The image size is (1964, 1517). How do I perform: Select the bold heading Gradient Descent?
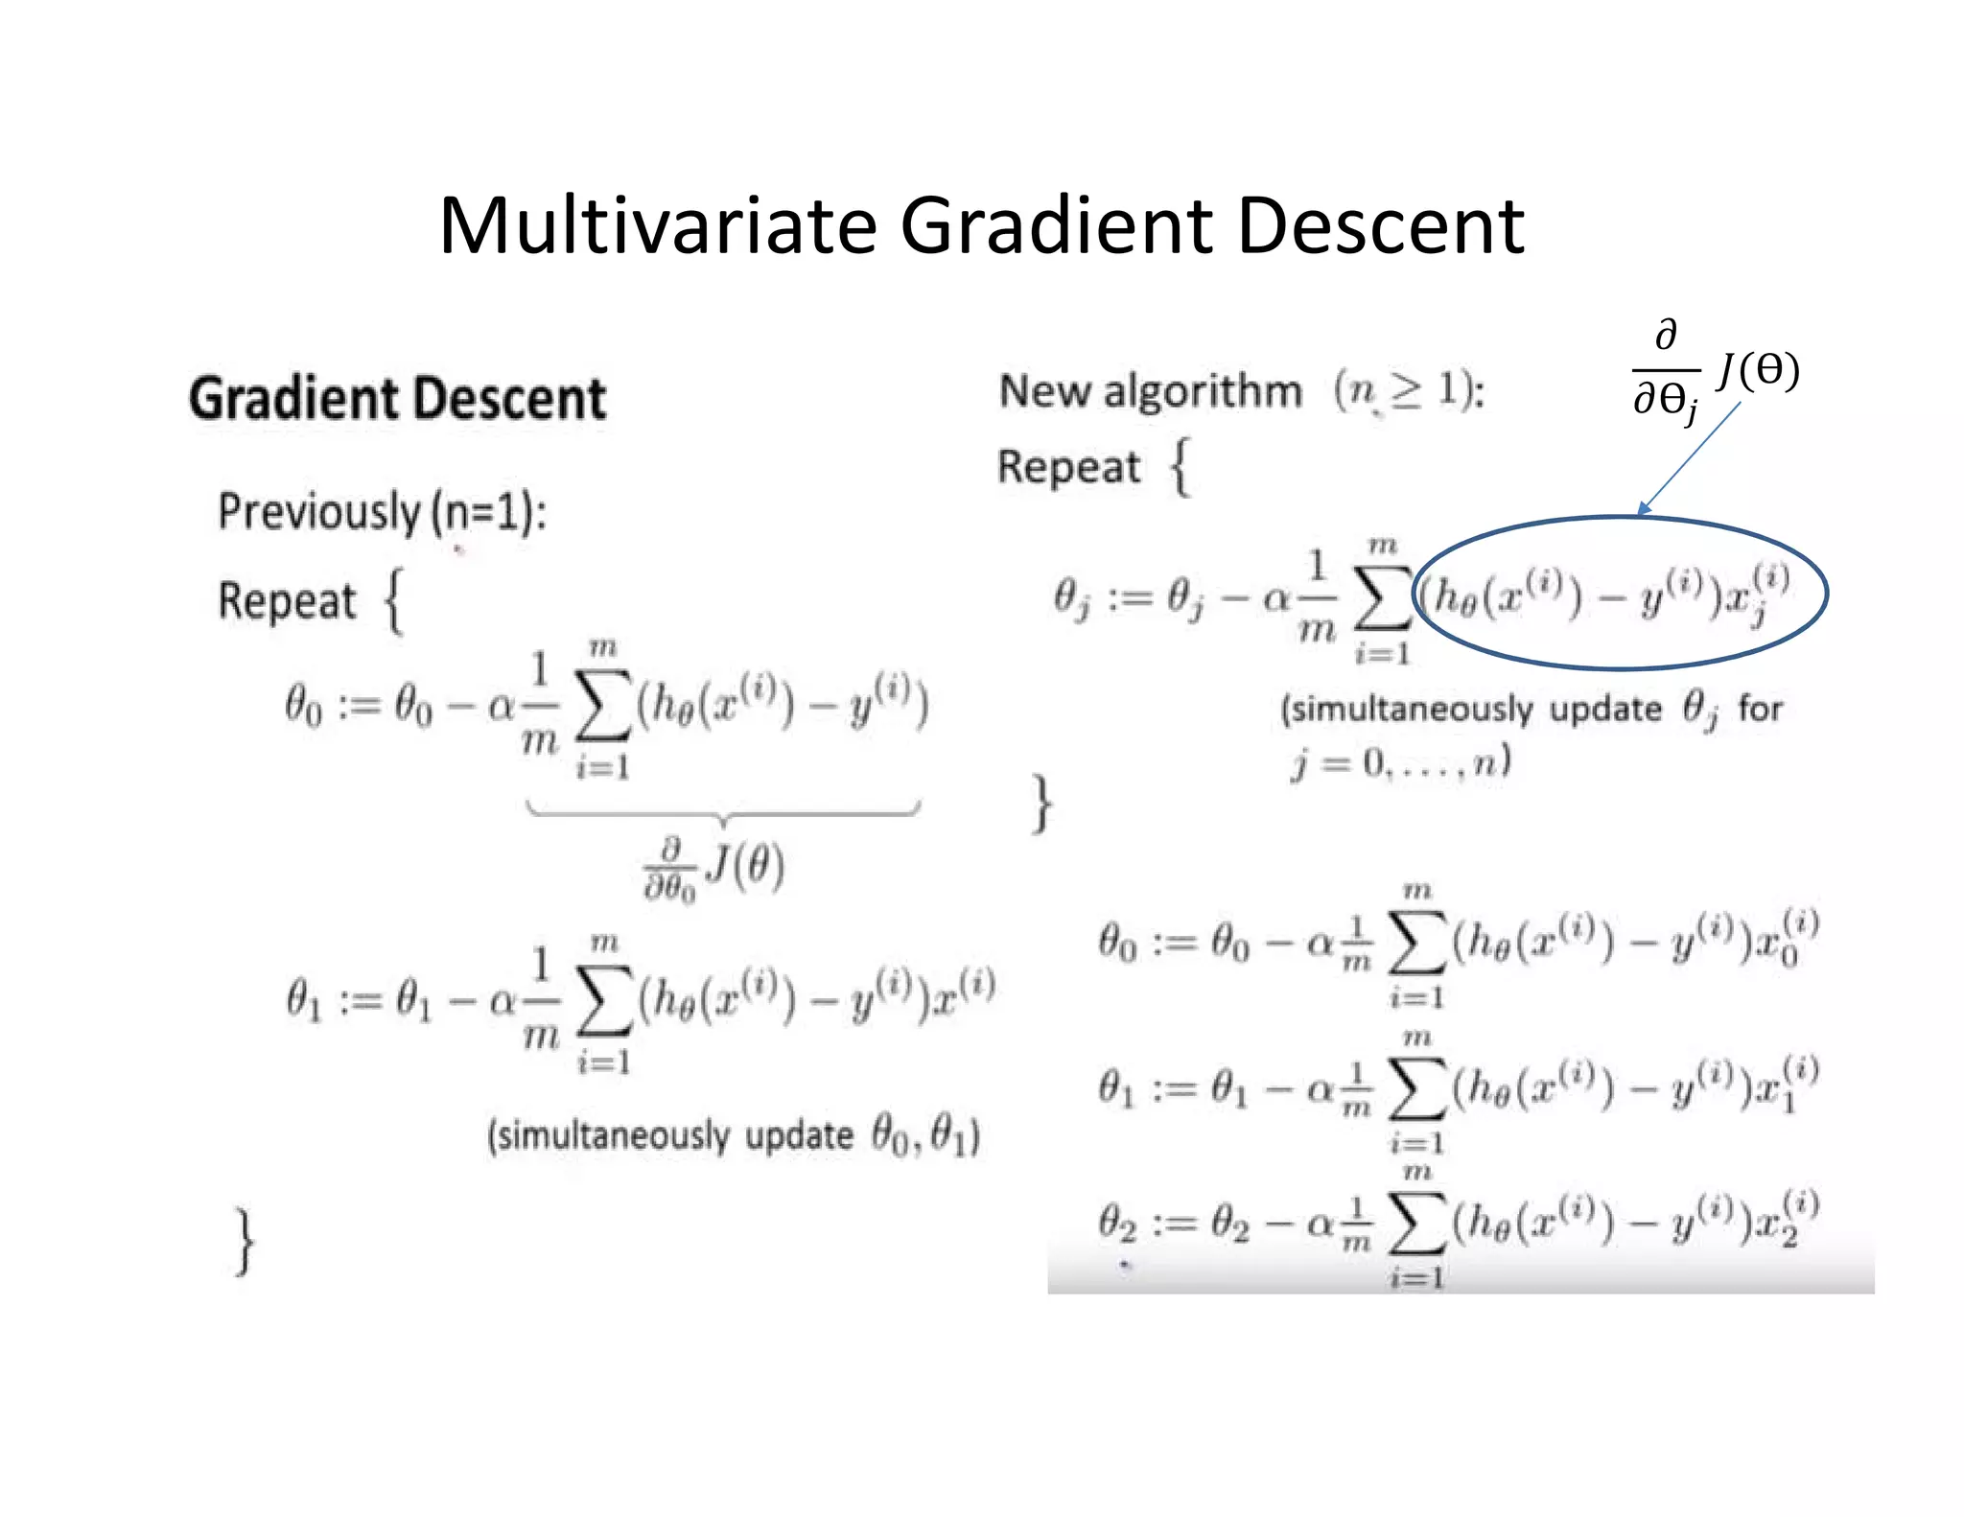[x=397, y=399]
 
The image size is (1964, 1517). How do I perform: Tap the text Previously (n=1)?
[x=382, y=511]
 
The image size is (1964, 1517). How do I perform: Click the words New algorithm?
[x=1150, y=391]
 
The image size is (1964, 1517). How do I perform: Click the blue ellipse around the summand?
[x=1621, y=519]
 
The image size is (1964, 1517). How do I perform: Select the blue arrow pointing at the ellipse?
[x=1690, y=457]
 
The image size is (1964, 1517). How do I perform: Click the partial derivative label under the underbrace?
[x=714, y=869]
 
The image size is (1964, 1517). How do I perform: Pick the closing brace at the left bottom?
[x=245, y=1242]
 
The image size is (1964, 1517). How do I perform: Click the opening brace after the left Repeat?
[x=394, y=601]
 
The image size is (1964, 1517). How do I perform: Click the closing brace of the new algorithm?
[x=1041, y=804]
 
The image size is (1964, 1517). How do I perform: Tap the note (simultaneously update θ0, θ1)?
[x=734, y=1135]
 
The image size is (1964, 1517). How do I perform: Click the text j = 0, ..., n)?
[x=1401, y=763]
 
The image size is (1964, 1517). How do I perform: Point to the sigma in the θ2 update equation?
[x=1416, y=1226]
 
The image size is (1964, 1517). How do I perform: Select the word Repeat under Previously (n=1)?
[x=287, y=601]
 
